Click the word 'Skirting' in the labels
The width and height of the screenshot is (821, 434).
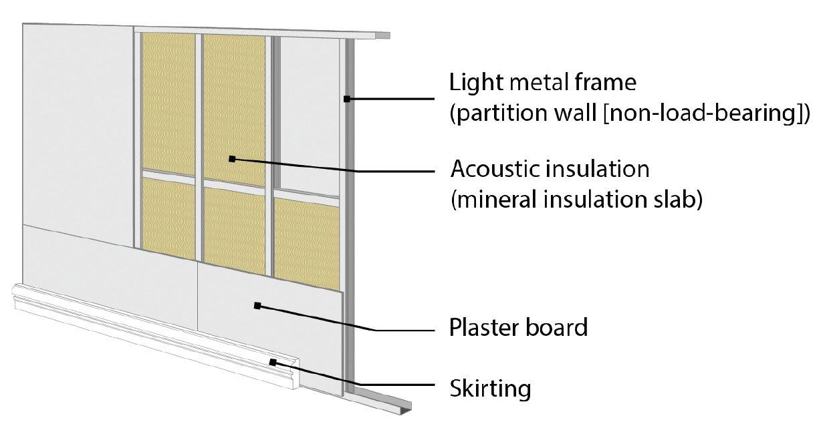[490, 388]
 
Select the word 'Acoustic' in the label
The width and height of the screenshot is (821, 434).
[494, 169]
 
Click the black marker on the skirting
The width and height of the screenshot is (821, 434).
[273, 362]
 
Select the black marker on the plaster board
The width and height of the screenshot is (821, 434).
[257, 306]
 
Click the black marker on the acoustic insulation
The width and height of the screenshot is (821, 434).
[232, 159]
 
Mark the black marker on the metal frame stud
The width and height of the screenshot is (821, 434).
[347, 99]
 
